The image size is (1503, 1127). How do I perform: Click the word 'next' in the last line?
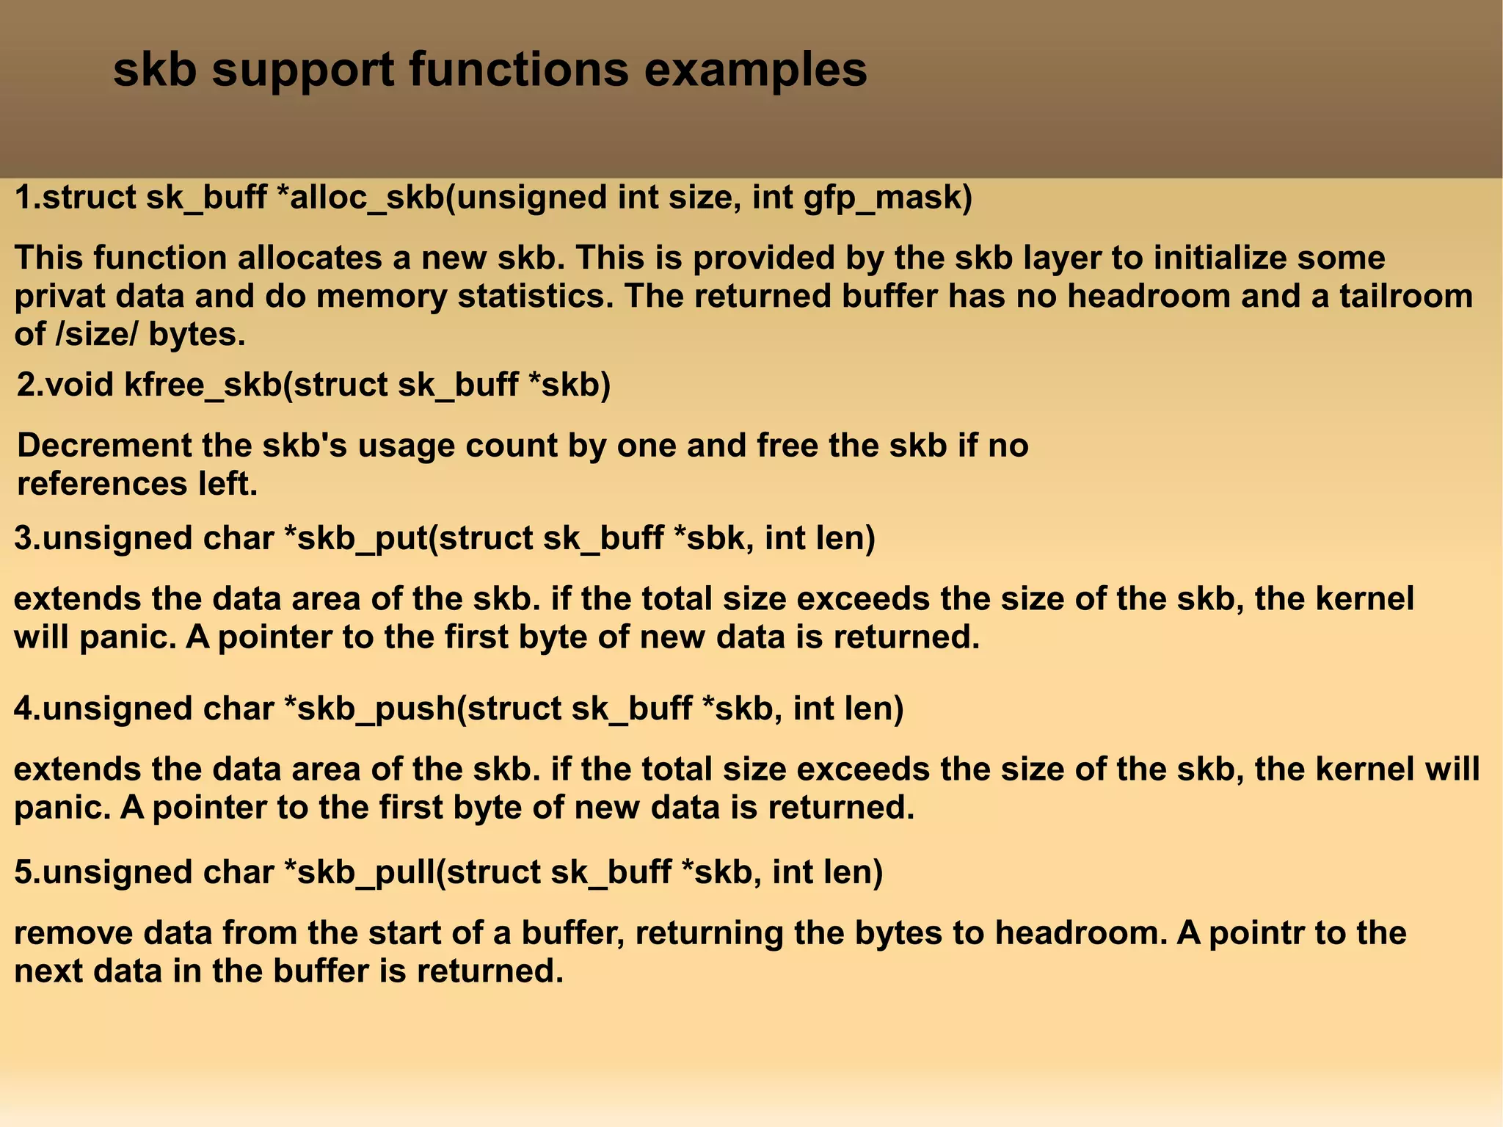(x=48, y=972)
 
